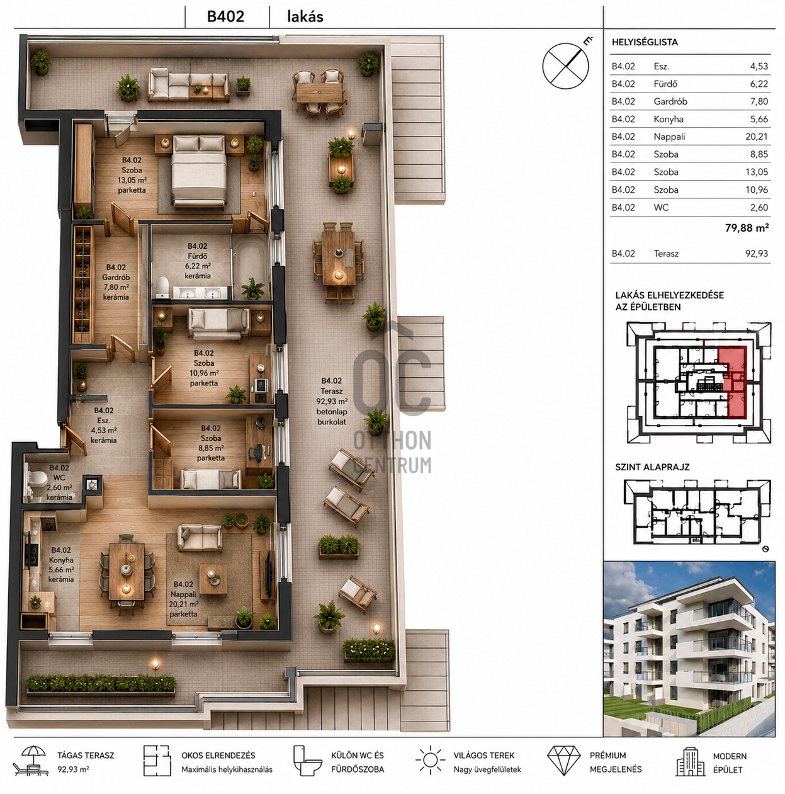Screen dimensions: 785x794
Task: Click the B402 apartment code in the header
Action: click(225, 16)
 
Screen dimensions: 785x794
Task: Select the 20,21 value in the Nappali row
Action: click(756, 137)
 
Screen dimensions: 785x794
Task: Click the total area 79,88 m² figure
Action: click(747, 228)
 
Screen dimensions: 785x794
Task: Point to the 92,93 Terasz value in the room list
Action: click(756, 253)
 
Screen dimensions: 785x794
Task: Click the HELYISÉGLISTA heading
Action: click(645, 42)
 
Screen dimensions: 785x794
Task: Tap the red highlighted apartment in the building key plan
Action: click(731, 381)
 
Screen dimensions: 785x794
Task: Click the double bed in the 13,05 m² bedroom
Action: click(199, 171)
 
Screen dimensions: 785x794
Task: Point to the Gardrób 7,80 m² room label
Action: click(116, 282)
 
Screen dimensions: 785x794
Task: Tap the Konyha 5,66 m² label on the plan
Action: click(61, 565)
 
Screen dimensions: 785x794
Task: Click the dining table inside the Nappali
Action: click(127, 571)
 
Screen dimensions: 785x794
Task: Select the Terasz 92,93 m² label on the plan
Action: click(332, 401)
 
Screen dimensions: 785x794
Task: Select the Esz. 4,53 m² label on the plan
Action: click(103, 425)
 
